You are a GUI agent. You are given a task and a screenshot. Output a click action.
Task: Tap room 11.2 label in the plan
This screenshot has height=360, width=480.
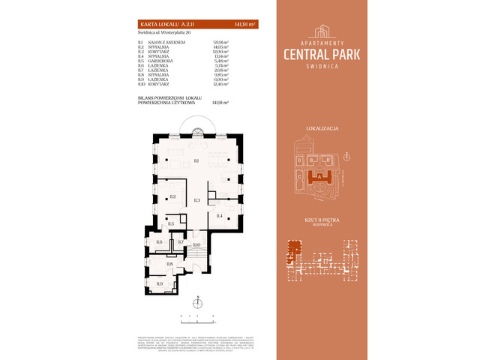[172, 196]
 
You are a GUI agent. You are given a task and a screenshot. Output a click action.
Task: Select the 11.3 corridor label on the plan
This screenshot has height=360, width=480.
[196, 200]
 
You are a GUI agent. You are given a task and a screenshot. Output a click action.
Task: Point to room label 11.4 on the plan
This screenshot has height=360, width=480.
[220, 216]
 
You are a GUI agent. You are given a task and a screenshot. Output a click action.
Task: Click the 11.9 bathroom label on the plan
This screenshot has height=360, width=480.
[159, 283]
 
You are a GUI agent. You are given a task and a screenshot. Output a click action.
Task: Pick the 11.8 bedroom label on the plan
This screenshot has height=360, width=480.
[169, 264]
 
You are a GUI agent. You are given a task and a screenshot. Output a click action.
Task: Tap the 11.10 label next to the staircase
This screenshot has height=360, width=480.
[196, 245]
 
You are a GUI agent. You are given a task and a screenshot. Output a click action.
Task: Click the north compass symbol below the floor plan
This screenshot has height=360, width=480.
[197, 303]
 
